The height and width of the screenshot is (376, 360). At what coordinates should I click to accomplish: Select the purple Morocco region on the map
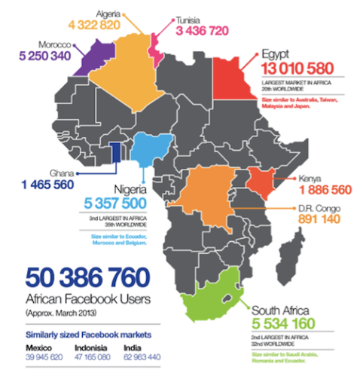click(88, 54)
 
